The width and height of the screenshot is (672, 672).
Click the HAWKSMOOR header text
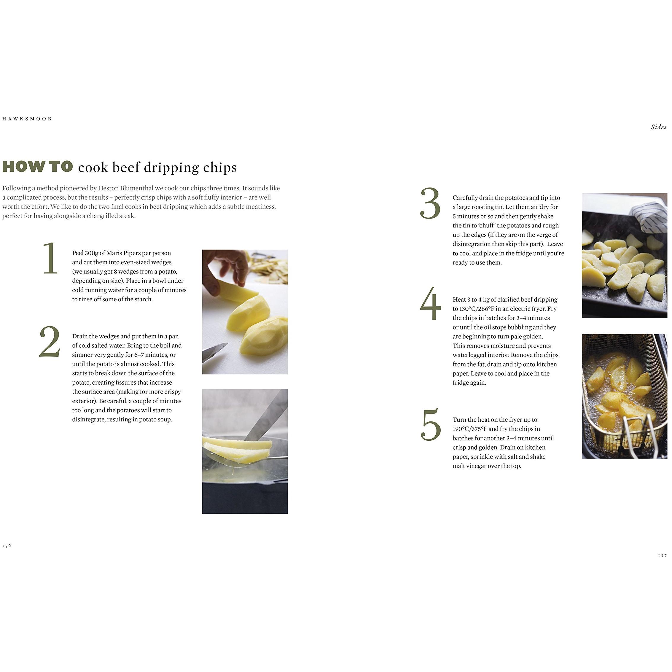pyautogui.click(x=27, y=119)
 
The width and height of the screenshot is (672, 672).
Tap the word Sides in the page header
pyautogui.click(x=659, y=127)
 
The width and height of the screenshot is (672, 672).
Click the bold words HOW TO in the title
pyautogui.click(x=38, y=167)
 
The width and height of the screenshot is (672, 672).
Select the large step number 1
pyautogui.click(x=50, y=258)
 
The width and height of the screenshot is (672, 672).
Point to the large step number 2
pyautogui.click(x=50, y=342)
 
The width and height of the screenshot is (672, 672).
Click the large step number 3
pyautogui.click(x=430, y=203)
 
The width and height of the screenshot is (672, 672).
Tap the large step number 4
pyautogui.click(x=430, y=304)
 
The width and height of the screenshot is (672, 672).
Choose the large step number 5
pyautogui.click(x=431, y=424)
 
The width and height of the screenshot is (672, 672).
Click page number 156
pyautogui.click(x=7, y=545)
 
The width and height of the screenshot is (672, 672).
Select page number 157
pyautogui.click(x=662, y=555)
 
